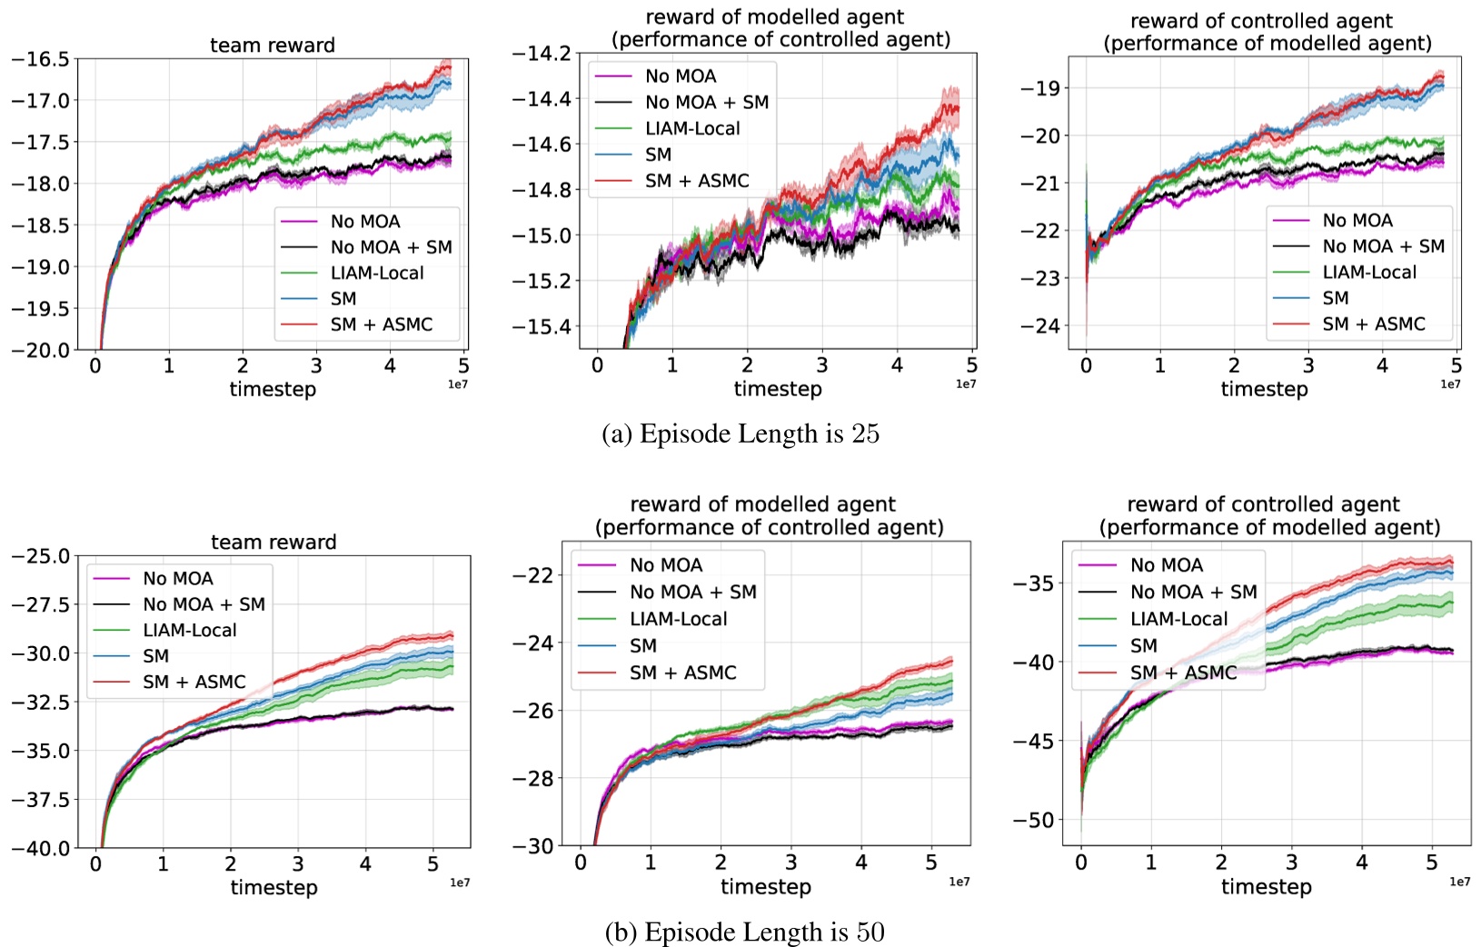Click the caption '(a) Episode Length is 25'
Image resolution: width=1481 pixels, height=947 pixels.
point(740,434)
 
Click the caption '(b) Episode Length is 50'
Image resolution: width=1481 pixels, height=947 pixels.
point(744,932)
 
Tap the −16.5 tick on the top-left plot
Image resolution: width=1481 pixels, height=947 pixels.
point(40,59)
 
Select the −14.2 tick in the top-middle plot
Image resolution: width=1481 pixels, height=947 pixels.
point(542,54)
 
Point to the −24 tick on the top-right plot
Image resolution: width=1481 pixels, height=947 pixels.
point(1040,325)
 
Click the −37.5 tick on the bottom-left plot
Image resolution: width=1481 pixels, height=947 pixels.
point(40,800)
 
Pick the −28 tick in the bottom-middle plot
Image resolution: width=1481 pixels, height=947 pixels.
point(533,779)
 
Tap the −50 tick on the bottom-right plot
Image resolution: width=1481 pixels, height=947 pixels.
point(1034,821)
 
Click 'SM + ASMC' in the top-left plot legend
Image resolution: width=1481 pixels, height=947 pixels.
point(381,324)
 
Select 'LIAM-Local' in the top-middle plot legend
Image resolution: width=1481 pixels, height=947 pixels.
point(692,128)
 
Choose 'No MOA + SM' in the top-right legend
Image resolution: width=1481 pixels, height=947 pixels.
point(1383,246)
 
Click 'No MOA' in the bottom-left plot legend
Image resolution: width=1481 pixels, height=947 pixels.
point(177,578)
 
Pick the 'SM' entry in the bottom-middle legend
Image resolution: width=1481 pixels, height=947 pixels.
point(642,646)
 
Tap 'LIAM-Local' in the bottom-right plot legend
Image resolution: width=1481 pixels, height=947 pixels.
point(1178,619)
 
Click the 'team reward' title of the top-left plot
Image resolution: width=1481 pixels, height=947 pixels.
point(273,45)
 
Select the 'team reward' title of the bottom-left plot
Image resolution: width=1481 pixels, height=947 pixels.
point(273,543)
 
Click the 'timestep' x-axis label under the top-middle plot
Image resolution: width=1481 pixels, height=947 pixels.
point(779,389)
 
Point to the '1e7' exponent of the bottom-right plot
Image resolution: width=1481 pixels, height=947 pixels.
point(1459,882)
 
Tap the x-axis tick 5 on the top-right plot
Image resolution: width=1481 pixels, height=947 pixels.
point(1456,365)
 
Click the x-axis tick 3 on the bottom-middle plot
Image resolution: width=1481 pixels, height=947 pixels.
point(790,862)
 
